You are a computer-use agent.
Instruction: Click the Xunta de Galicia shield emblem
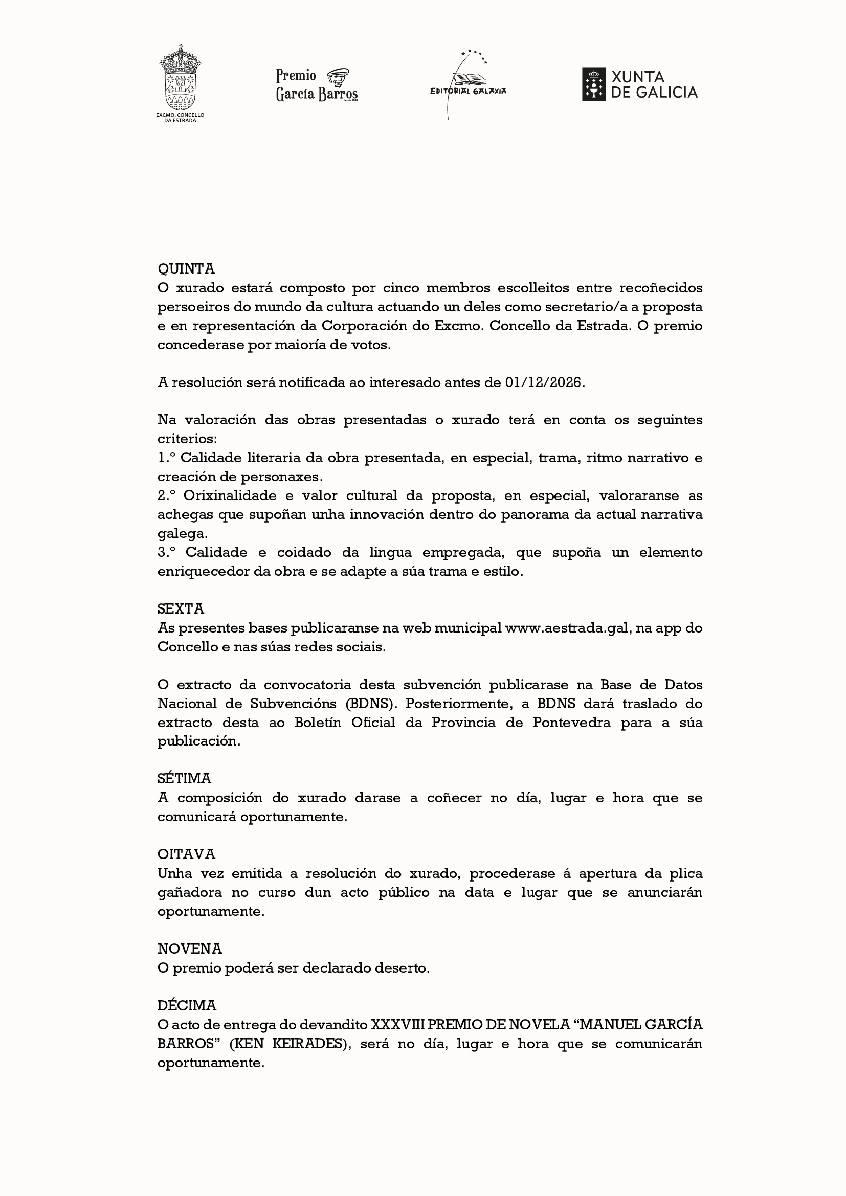coord(593,84)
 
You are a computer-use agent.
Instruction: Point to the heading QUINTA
coord(186,269)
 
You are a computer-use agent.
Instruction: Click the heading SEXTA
coord(180,608)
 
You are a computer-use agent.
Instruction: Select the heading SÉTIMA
coord(184,778)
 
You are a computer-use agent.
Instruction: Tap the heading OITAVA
coord(186,854)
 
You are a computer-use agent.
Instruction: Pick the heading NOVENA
coord(190,948)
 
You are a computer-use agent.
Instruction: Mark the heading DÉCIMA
coord(187,1005)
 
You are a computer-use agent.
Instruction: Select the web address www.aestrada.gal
coord(568,628)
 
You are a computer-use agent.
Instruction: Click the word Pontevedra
coord(571,723)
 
